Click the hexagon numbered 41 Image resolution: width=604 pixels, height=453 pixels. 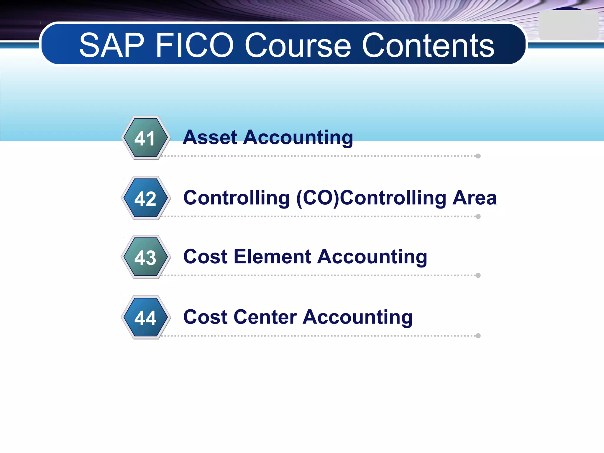click(x=145, y=138)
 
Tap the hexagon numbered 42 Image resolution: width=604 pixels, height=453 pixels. click(x=145, y=198)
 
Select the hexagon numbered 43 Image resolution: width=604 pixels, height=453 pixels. click(x=145, y=257)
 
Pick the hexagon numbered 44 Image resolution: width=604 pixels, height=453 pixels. click(x=145, y=318)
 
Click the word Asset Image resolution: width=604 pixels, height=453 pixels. click(x=210, y=137)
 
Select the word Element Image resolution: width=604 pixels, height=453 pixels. click(x=272, y=257)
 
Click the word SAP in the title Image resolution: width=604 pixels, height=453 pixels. click(x=112, y=45)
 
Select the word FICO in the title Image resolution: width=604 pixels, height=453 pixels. click(x=195, y=45)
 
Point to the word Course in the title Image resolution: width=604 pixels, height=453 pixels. click(x=298, y=45)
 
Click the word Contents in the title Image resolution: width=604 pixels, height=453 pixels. click(x=428, y=45)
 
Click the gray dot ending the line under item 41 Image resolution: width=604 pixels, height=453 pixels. click(x=478, y=156)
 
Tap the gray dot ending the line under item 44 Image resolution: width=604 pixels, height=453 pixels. click(x=478, y=336)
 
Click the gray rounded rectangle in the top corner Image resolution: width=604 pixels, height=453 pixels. click(x=568, y=25)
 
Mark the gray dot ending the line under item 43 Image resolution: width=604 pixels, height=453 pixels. click(x=478, y=275)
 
